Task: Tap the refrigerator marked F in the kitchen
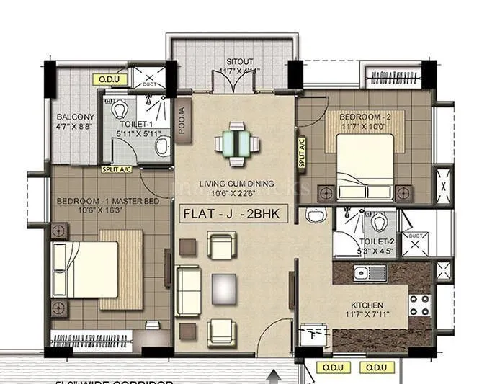tap(315, 334)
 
